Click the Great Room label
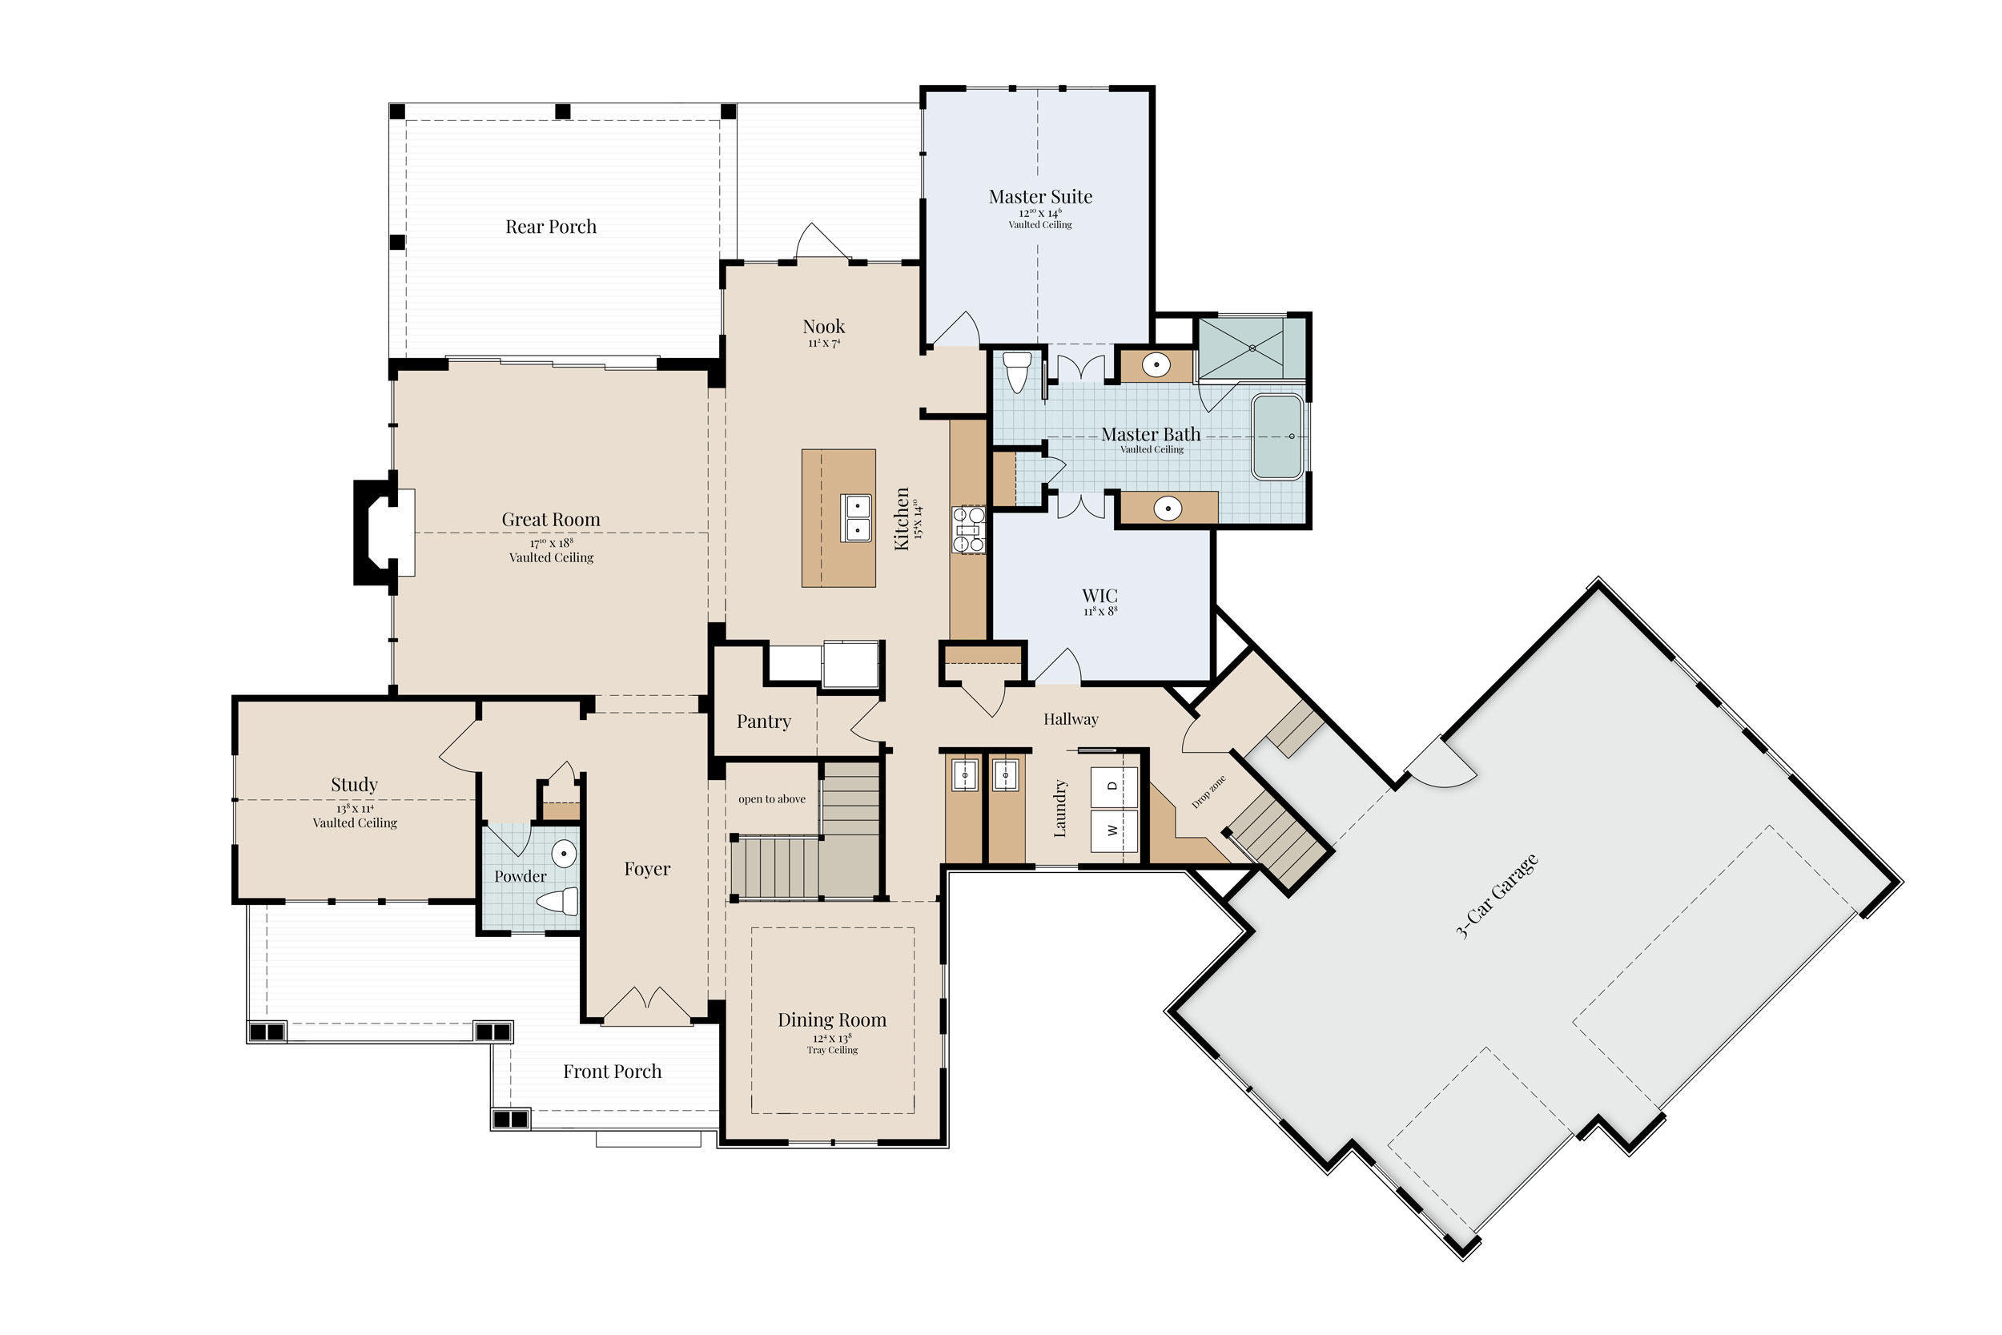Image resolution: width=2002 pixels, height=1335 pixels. point(551,520)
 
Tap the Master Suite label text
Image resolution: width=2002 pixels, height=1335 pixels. point(1040,197)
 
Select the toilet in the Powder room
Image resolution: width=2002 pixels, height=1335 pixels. point(558,900)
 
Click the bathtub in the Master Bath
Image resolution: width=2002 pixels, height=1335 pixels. point(1277,436)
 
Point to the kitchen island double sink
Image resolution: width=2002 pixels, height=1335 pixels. point(856,517)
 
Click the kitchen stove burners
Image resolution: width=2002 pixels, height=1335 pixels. point(968,529)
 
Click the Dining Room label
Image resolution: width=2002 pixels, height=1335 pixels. point(831,1020)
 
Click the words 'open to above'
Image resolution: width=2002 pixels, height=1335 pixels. point(771,798)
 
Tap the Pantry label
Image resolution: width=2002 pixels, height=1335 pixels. point(763,722)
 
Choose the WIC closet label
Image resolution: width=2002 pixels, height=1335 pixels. point(1099,595)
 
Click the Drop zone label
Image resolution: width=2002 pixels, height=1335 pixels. point(1208,792)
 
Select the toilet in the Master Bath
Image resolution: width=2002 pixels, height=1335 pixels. point(1017,372)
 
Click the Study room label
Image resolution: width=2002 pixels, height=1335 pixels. point(354,785)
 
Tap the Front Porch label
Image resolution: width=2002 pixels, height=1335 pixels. point(612,1071)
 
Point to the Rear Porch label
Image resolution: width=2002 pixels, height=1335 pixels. point(551,227)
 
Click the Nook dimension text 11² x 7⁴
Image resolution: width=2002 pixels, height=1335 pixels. point(824,343)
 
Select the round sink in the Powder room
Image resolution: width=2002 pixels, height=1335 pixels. point(564,852)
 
